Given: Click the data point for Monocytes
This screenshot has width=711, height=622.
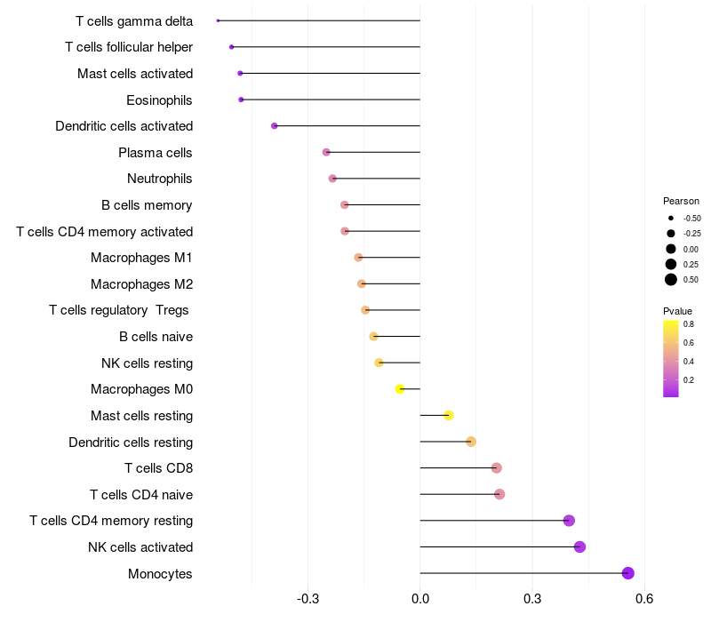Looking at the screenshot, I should tap(628, 573).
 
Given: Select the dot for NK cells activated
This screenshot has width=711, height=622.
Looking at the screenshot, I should tap(580, 546).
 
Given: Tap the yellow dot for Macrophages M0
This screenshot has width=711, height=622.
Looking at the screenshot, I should tap(400, 389).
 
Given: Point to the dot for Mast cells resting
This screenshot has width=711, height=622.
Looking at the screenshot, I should tap(449, 415).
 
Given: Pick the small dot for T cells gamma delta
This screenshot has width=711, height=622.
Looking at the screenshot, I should tap(218, 20).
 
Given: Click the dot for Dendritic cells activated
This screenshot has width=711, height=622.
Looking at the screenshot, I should tap(275, 126).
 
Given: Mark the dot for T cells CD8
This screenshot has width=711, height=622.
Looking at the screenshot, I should tap(496, 468).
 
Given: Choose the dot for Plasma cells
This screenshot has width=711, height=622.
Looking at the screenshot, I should tap(326, 153).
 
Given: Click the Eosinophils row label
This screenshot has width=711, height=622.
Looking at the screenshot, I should tap(159, 100).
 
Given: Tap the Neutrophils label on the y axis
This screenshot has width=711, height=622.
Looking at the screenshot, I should tap(159, 179).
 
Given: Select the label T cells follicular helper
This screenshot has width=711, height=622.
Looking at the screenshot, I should tap(129, 46).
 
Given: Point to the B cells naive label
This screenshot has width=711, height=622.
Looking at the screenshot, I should tap(156, 337).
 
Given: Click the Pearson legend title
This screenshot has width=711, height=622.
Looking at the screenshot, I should tap(681, 201).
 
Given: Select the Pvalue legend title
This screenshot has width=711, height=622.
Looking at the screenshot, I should tap(677, 311).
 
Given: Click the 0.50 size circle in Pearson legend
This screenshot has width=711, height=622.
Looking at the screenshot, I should tap(671, 280).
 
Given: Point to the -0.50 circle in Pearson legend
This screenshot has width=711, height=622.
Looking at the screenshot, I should tap(671, 218).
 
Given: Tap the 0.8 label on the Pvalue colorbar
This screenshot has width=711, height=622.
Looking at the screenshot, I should tap(689, 324).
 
